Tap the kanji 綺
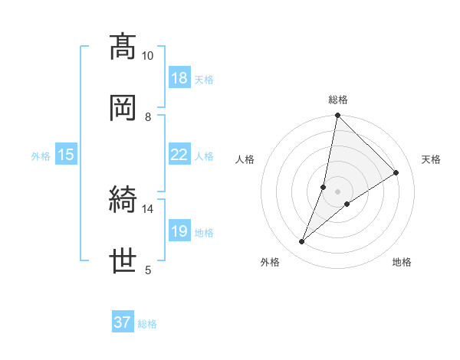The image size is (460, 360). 123,200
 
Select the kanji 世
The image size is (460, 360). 123,260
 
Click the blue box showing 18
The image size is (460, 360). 179,77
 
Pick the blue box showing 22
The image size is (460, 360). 179,155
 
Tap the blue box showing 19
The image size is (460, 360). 179,231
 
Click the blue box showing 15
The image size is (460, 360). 66,155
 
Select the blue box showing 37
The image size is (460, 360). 123,322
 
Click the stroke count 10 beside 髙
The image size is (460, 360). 147,56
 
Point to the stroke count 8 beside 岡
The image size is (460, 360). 148,116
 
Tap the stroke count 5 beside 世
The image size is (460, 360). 148,270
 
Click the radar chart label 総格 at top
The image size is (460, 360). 338,100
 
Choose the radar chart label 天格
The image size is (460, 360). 431,159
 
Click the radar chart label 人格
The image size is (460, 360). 245,159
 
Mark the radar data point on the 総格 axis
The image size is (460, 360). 337,116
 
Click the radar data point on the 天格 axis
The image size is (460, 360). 396,172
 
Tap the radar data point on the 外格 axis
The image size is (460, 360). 302,242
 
